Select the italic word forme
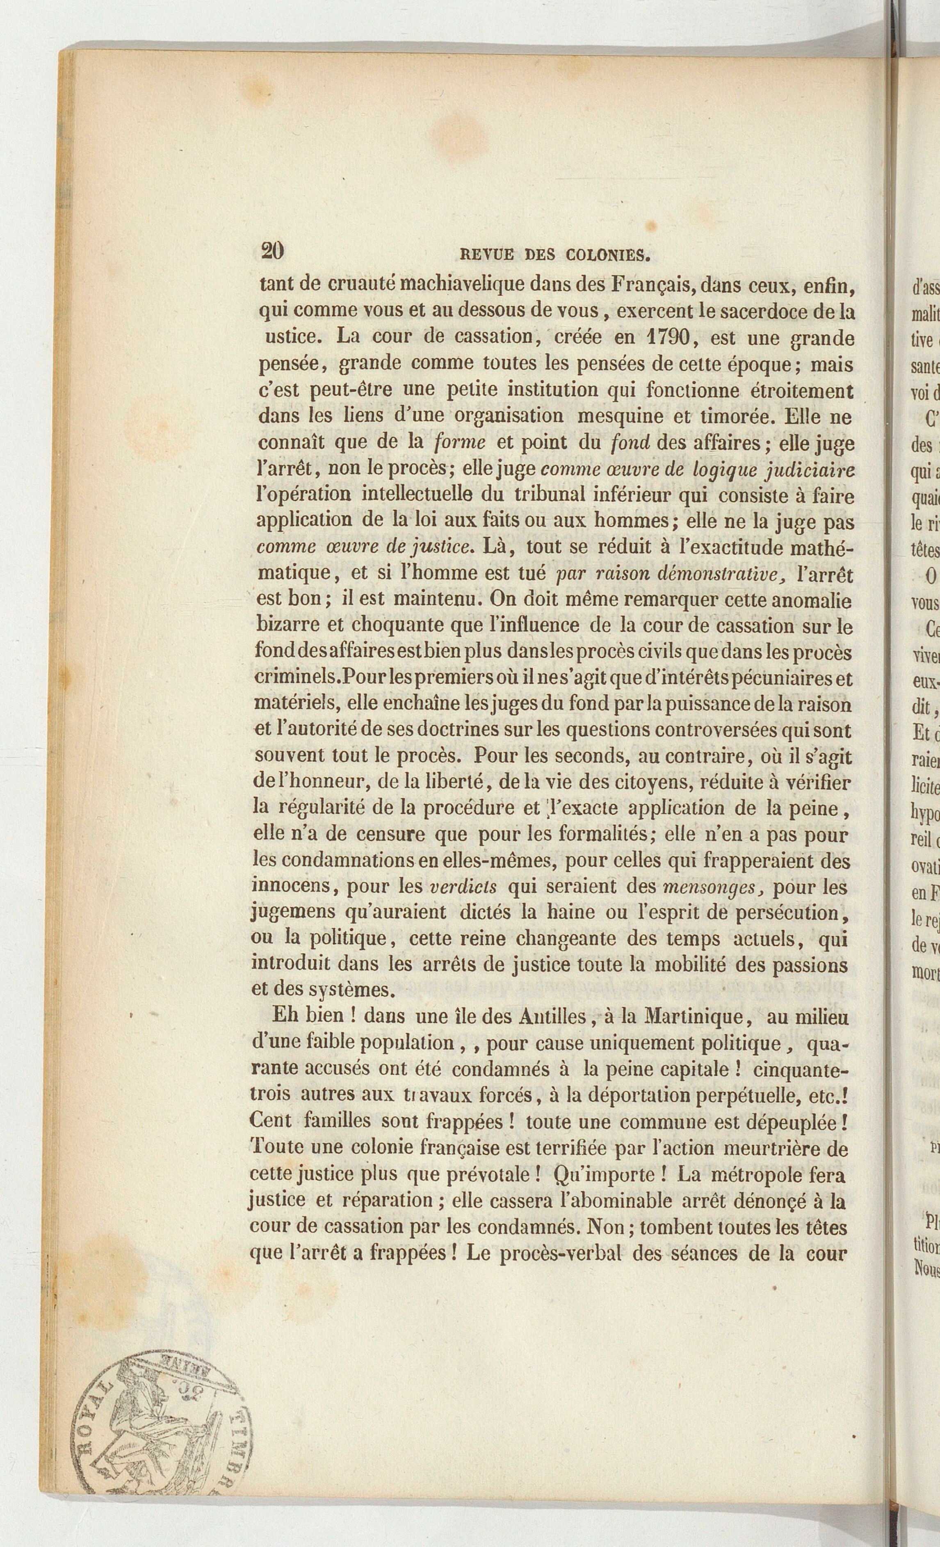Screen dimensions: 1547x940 [460, 443]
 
